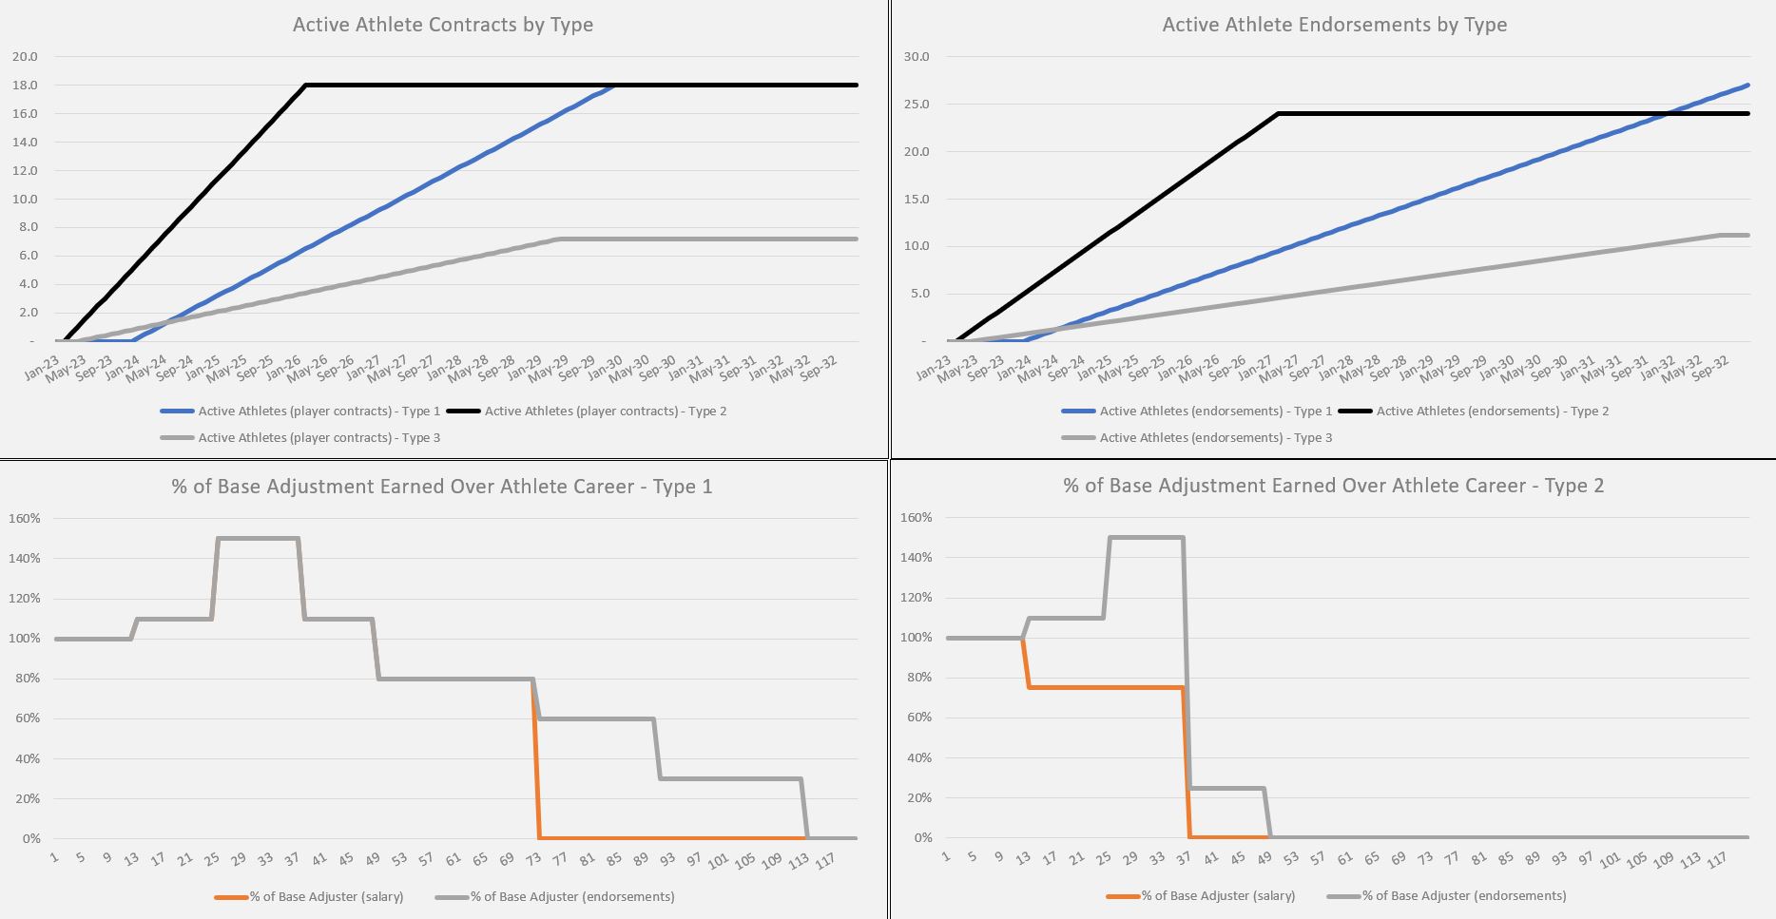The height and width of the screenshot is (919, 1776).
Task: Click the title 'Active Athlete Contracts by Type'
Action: click(442, 25)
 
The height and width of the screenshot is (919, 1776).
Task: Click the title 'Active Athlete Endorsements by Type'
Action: click(1334, 25)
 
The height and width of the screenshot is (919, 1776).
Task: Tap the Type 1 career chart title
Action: click(441, 487)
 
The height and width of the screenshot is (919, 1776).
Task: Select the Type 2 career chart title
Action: click(1333, 486)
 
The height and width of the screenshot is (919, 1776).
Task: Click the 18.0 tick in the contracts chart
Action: click(25, 86)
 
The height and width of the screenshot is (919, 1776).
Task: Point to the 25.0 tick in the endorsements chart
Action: click(917, 105)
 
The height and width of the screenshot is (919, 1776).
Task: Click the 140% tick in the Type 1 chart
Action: click(25, 559)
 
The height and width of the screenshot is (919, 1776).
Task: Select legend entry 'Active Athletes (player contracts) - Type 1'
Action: click(319, 412)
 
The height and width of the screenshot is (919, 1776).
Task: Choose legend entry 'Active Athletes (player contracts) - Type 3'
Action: click(319, 438)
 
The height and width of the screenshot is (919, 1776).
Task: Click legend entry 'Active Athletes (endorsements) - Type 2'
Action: click(1492, 412)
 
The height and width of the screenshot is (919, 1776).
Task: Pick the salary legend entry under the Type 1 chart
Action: click(326, 897)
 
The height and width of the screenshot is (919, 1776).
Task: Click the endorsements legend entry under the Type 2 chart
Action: click(1463, 896)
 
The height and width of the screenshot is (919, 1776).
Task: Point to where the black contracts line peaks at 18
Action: click(306, 86)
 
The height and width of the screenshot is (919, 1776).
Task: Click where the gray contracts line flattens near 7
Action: click(557, 239)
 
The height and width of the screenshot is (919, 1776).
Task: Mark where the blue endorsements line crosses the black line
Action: click(1667, 114)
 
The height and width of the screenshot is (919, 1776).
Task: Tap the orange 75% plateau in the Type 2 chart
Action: click(1103, 687)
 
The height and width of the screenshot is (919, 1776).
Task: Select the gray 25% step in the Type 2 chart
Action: click(1226, 789)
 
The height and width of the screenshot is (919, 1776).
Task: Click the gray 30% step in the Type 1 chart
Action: click(730, 779)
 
